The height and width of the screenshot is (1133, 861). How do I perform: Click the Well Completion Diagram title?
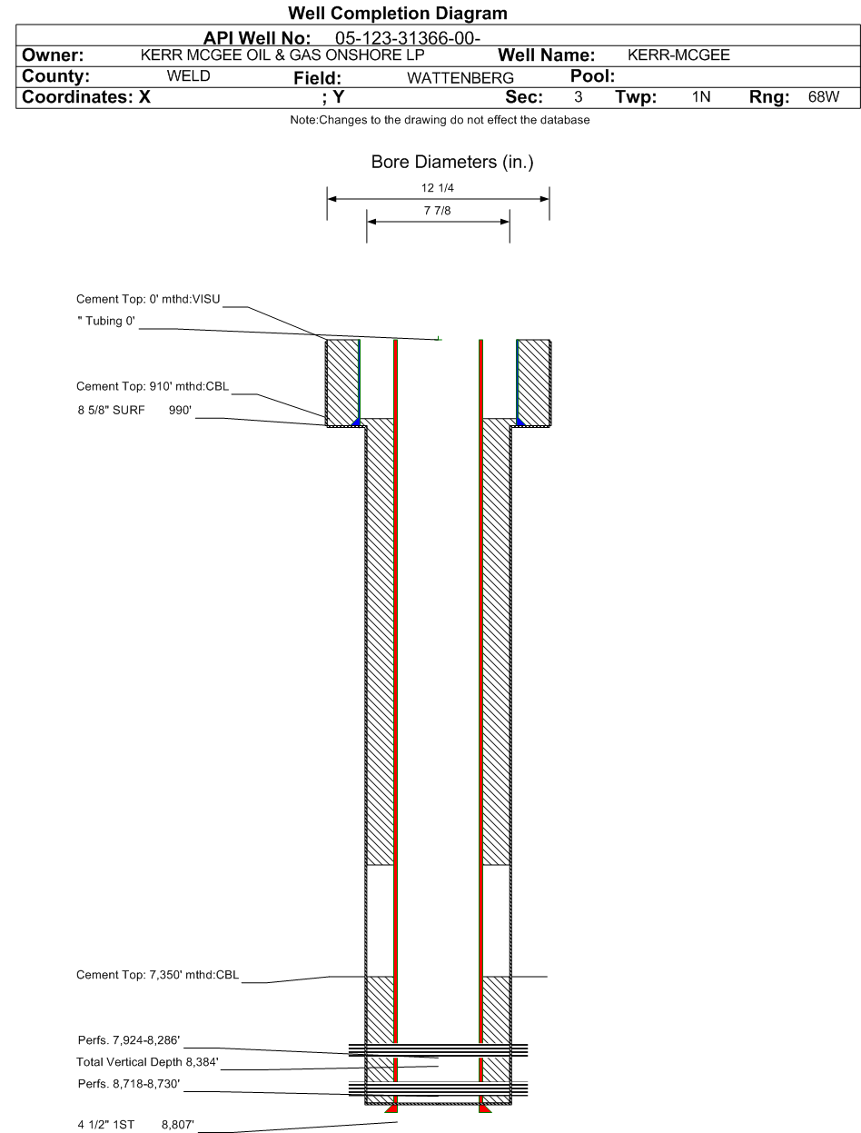click(x=397, y=13)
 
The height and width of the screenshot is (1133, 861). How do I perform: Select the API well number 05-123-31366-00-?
click(x=408, y=38)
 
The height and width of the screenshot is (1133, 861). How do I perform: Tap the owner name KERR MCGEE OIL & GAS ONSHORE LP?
click(x=282, y=55)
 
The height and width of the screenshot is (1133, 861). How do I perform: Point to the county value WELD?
click(x=188, y=76)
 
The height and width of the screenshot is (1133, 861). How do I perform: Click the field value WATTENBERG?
click(x=460, y=78)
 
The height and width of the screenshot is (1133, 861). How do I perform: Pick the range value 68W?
click(x=824, y=96)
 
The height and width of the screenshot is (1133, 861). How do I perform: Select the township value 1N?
click(x=701, y=96)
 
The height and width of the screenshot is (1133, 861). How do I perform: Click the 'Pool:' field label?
click(x=592, y=76)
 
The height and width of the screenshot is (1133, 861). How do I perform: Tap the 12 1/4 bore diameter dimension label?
click(x=438, y=188)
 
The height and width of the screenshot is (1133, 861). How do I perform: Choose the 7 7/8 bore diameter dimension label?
click(x=438, y=211)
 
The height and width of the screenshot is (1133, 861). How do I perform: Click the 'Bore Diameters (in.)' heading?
click(x=452, y=162)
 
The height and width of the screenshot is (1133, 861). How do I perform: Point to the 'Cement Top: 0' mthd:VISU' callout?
click(x=148, y=300)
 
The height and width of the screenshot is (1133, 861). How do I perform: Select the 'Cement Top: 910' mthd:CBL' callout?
click(x=153, y=387)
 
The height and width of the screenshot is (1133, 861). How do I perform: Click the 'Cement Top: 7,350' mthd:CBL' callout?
click(x=157, y=975)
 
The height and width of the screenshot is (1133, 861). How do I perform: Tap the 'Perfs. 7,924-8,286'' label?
click(x=129, y=1040)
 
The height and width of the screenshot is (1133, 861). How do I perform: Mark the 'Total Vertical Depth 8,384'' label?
click(x=147, y=1062)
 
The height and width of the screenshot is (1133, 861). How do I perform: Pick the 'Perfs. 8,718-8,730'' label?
click(x=129, y=1083)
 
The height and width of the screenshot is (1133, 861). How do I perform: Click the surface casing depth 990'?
click(x=180, y=410)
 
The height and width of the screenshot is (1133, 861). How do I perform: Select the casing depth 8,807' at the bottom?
click(x=178, y=1125)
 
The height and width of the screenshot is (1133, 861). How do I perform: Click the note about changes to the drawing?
click(x=440, y=120)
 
